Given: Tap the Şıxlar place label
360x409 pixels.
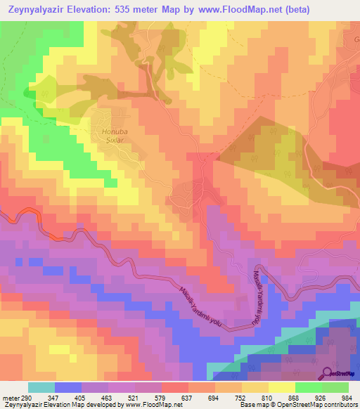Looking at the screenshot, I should point(114,140).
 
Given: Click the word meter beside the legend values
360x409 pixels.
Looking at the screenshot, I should point(8,398).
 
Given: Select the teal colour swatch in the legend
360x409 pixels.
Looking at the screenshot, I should point(41,387).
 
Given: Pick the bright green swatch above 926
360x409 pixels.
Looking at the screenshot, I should point(308,387).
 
